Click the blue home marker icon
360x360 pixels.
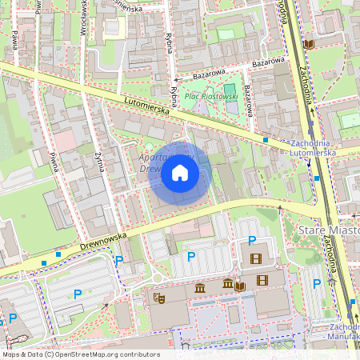coord(180,173)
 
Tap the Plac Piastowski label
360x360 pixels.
coord(211,96)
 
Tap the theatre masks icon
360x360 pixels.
coord(158,298)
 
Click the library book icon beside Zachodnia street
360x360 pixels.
coord(309,45)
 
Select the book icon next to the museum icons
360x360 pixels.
coord(240,286)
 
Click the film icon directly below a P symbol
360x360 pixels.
coord(255,258)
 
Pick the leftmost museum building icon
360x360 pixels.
coord(198,286)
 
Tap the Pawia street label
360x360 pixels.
coord(15,41)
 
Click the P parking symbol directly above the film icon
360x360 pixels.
coord(253,241)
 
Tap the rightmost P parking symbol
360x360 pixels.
coord(317,283)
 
